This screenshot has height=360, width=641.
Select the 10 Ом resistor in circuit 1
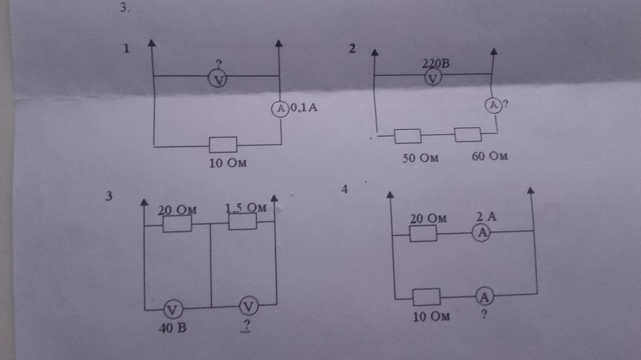coord(223,144)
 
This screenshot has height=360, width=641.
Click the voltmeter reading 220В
coord(433,78)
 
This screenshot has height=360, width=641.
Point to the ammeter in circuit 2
coord(494,105)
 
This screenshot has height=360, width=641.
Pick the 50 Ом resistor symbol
coord(408,136)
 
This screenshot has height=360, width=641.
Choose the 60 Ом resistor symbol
coord(468,135)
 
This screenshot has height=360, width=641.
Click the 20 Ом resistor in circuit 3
coord(177,224)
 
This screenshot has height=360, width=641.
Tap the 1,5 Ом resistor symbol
coord(243,221)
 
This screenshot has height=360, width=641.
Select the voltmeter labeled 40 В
coord(173,308)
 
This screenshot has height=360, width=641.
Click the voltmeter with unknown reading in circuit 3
coord(249,305)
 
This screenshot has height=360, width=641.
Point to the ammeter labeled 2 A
coord(483,234)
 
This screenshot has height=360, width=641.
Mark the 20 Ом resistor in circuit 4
coord(424,234)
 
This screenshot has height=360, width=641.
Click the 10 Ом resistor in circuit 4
coord(426,296)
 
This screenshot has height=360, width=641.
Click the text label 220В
coord(436,63)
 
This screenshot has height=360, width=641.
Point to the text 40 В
coord(172,327)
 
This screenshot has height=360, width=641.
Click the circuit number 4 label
coord(345,189)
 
